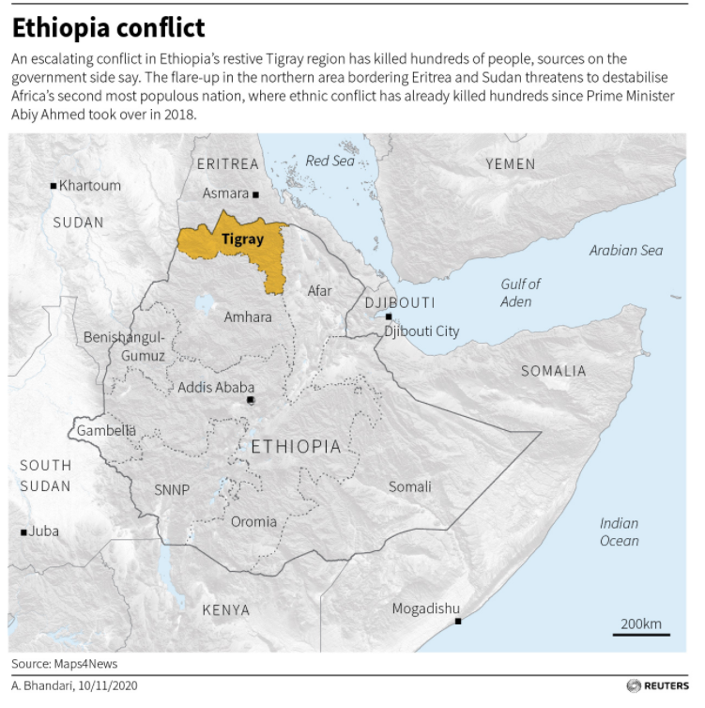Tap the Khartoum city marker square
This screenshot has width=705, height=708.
[x=54, y=186]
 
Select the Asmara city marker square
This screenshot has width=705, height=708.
[x=255, y=194]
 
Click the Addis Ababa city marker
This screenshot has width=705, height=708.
[x=250, y=401]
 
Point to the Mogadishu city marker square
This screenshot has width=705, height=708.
[x=457, y=621]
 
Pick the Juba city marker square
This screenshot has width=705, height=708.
[x=23, y=531]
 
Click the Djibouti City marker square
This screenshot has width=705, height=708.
[x=388, y=317]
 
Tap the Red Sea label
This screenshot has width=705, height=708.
[x=330, y=162]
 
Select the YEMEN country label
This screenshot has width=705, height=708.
[x=510, y=164]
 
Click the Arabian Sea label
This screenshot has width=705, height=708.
[x=625, y=251]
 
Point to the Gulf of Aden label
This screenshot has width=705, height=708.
[x=519, y=292]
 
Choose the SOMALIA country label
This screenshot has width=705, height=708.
[x=553, y=371]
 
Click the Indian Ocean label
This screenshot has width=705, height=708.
[x=619, y=531]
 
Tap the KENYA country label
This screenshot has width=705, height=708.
[x=226, y=610]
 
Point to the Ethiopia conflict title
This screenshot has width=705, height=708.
[x=108, y=26]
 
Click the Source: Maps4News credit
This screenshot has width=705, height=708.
[x=65, y=664]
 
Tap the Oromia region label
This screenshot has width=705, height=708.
[x=253, y=522]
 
